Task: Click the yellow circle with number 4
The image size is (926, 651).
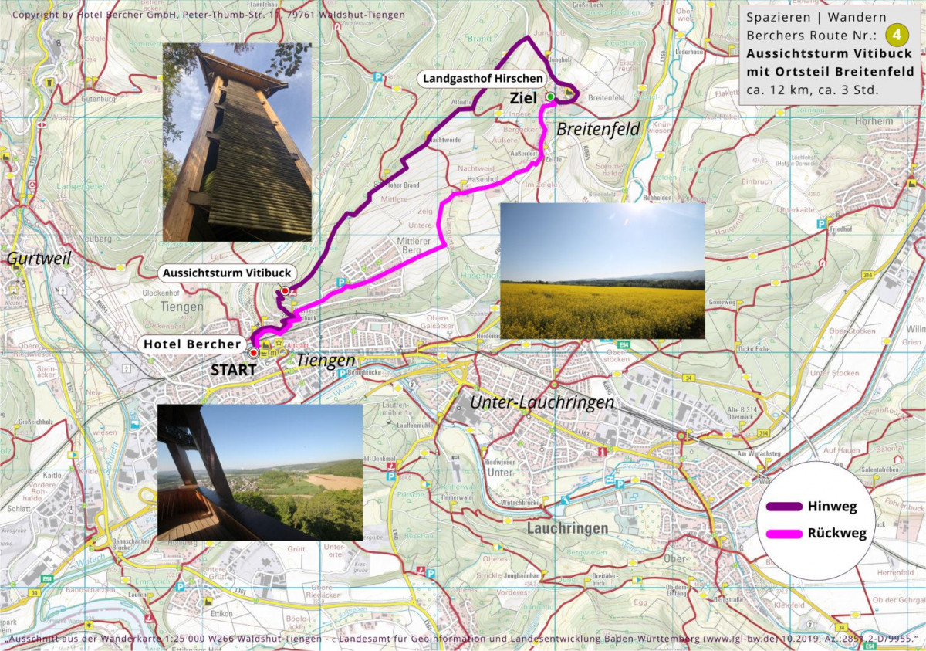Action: pos(897,35)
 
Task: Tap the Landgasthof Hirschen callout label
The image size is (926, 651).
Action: pos(482,79)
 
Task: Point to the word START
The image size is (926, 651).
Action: pos(233,370)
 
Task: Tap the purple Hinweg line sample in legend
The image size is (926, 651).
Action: pos(784,507)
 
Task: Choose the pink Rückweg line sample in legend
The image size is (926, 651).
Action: pos(784,533)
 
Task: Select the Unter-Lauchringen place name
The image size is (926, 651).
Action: pos(542,402)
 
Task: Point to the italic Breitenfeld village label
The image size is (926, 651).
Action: pos(599,129)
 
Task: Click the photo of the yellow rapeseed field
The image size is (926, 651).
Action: pos(602,270)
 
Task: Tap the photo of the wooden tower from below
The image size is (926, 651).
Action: pos(237,142)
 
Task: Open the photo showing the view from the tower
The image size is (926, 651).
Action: pos(259,472)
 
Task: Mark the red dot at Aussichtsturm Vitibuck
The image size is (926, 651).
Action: pos(285,290)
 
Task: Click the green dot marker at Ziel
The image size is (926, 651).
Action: pos(550,97)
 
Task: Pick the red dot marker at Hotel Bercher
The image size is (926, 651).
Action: pos(253,352)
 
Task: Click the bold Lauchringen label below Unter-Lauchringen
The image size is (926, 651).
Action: pos(567,528)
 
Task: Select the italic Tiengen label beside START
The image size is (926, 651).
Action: pos(326,361)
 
